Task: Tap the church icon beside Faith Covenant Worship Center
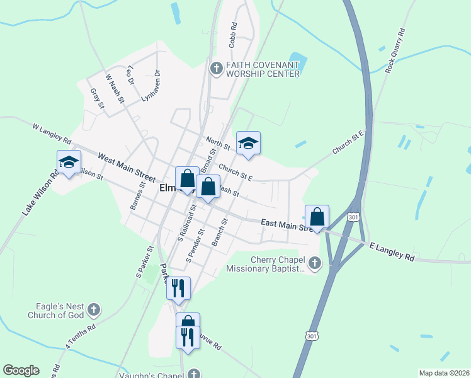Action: tap(216, 68)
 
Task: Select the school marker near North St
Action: tap(248, 144)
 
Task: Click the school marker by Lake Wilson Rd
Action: tap(69, 163)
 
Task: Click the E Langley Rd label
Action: tap(392, 251)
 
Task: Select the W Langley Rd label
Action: tap(52, 134)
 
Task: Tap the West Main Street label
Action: tap(127, 169)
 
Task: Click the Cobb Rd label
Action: tap(233, 36)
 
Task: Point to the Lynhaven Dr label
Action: tap(151, 85)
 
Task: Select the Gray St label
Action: tap(96, 98)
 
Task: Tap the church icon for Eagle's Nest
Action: tap(94, 309)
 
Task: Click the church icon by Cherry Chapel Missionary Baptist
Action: tap(314, 263)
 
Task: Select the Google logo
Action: tap(21, 370)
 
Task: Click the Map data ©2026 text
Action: tap(444, 373)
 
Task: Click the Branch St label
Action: tap(219, 232)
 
